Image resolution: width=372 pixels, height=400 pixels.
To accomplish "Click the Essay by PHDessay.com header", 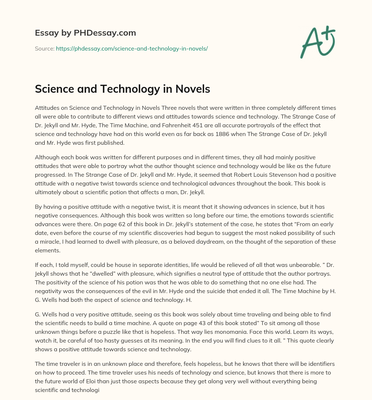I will [x=85, y=33].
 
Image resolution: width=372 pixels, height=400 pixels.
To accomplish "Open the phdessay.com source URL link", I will [x=132, y=48].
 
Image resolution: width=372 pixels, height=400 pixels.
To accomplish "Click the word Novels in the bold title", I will [x=193, y=89].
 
